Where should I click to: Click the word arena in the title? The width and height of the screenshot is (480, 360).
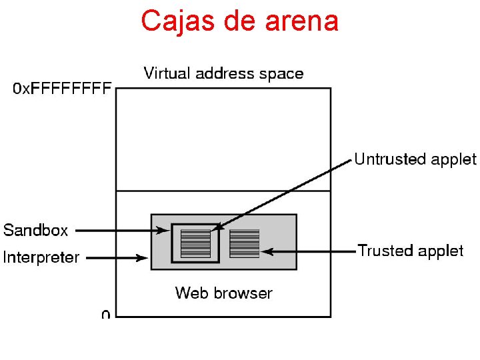301,21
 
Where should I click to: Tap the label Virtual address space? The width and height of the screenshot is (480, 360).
223,73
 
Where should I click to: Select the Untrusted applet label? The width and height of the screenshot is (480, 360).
415,159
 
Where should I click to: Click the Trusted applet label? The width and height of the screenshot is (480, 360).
410,251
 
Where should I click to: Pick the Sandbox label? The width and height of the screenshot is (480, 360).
36,231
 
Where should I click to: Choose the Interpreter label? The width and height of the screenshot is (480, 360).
41,257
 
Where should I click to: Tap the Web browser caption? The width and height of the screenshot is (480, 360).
223,293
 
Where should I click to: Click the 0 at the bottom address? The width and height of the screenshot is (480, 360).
106,314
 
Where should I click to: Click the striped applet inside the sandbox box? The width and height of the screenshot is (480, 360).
195,243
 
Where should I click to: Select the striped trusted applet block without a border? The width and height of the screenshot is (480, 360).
244,243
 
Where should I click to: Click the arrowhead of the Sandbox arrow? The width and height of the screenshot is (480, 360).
165,231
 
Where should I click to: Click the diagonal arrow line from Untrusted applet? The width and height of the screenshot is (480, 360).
287,193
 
